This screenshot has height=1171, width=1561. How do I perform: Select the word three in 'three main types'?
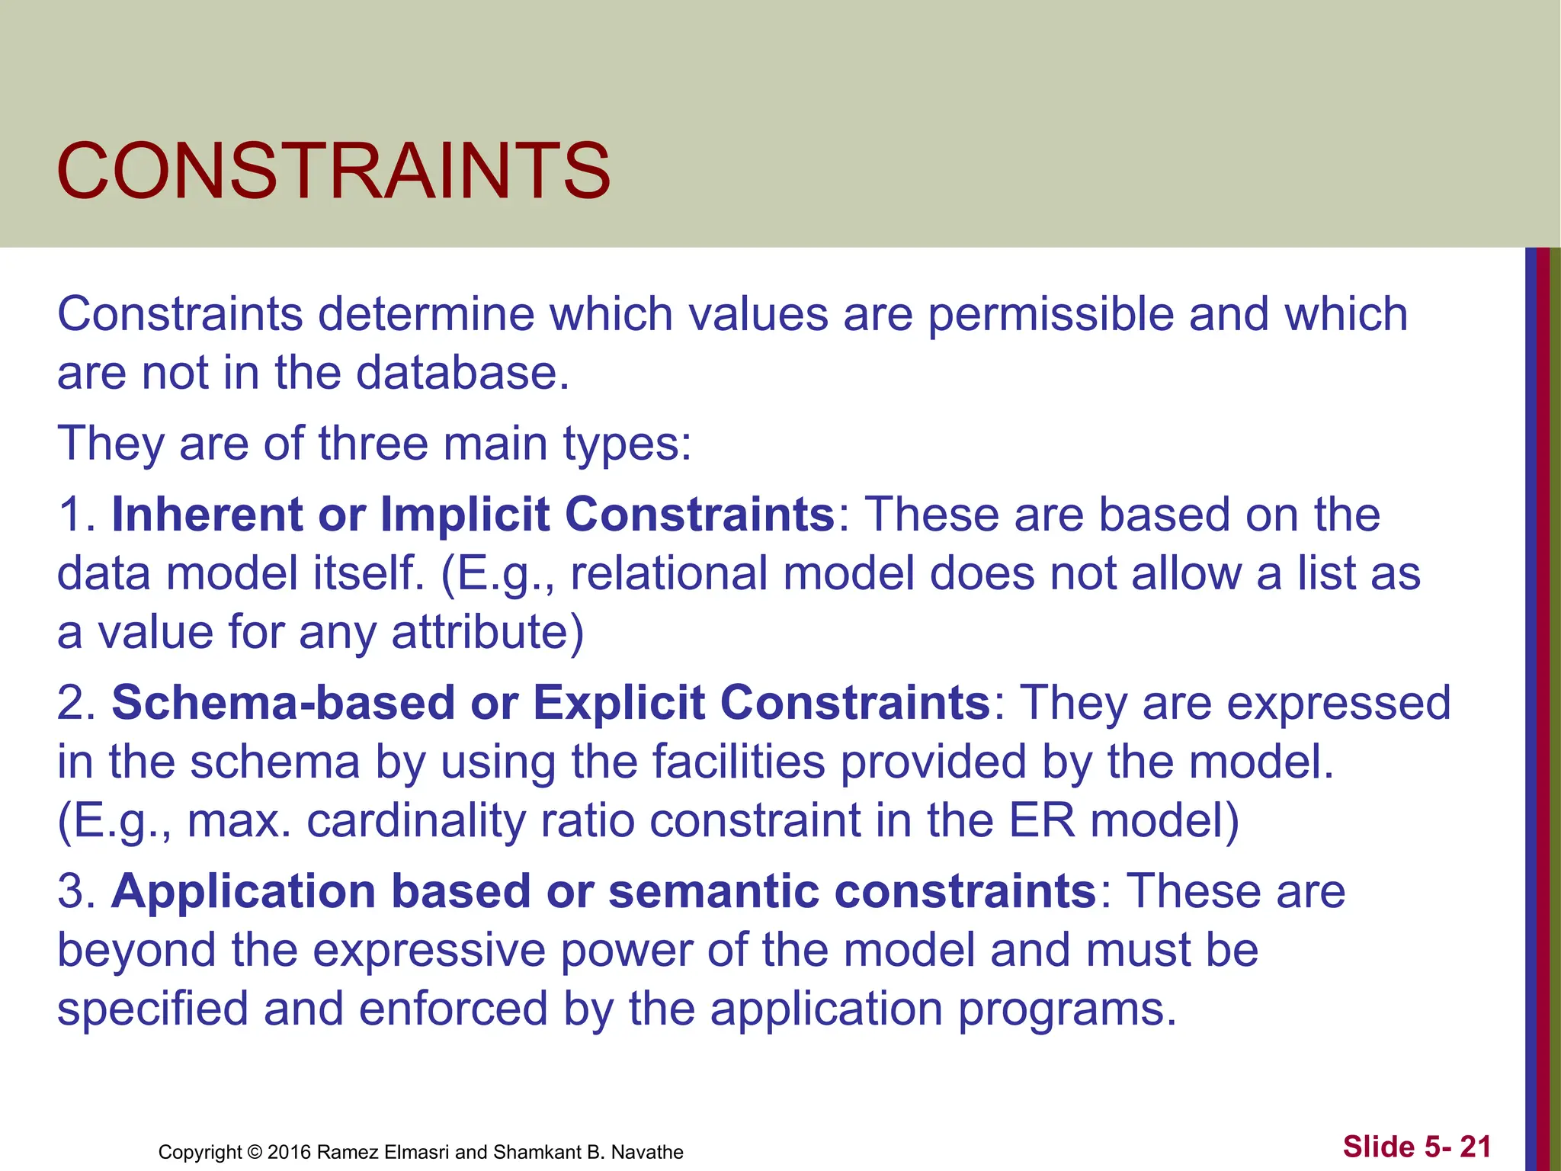[373, 443]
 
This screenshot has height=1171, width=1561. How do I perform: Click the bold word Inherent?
[207, 514]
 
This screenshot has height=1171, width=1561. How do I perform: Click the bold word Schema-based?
[283, 702]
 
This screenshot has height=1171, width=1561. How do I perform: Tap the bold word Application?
[244, 890]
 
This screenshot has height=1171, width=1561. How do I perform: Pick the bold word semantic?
[713, 890]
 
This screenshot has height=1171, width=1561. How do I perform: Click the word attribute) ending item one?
[488, 632]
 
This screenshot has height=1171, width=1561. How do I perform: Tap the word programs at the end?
[1067, 1009]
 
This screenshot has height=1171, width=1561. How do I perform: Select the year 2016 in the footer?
[289, 1152]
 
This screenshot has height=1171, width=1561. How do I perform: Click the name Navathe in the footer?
[648, 1152]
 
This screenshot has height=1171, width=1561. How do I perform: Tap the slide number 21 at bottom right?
[1475, 1147]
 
